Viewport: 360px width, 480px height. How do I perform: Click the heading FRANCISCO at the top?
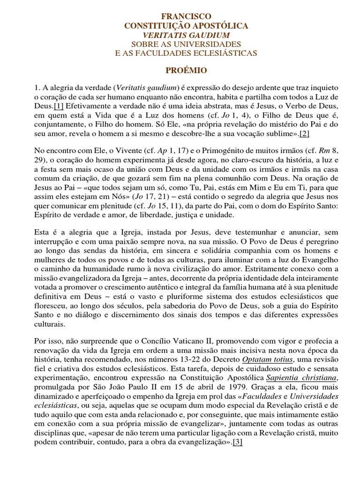click(187, 16)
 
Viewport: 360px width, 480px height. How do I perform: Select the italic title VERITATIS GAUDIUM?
click(187, 35)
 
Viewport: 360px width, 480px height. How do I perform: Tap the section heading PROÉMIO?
click(186, 70)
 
